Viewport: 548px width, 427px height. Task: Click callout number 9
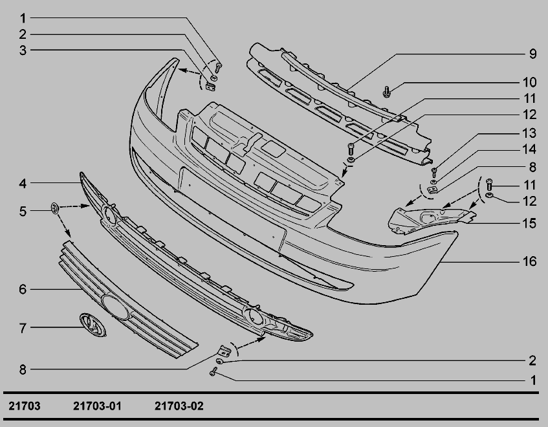click(x=532, y=54)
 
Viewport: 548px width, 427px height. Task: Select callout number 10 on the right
click(x=529, y=82)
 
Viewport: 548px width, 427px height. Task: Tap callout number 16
click(x=529, y=261)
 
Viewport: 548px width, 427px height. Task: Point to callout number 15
click(x=529, y=223)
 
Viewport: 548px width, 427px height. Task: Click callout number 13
click(x=529, y=133)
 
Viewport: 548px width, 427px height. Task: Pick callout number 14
click(x=529, y=149)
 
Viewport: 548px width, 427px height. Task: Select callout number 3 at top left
click(x=23, y=50)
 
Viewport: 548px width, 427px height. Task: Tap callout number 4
click(x=23, y=183)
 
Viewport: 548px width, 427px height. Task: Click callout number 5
click(x=23, y=212)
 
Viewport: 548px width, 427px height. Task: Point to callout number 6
click(x=23, y=289)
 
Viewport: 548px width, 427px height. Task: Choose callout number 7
click(x=23, y=328)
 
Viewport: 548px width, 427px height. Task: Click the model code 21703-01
click(x=97, y=406)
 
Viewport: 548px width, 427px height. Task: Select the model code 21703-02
click(x=179, y=406)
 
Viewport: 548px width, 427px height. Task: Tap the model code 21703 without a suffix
click(x=25, y=406)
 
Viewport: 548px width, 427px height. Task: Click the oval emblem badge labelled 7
click(x=93, y=325)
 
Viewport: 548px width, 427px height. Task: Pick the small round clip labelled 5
click(x=55, y=208)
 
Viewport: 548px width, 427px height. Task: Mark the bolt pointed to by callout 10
click(x=386, y=92)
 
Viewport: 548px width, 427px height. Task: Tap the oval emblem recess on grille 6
click(x=115, y=307)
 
